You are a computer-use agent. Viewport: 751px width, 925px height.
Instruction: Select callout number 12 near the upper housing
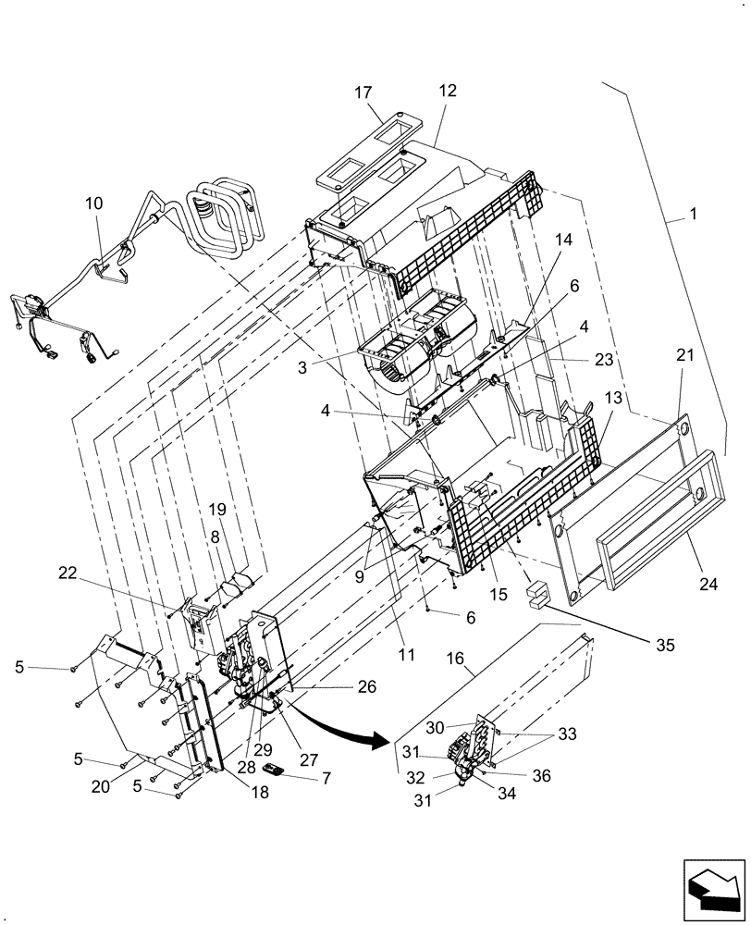click(x=448, y=92)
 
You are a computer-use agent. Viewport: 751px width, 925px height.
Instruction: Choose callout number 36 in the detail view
click(x=541, y=775)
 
